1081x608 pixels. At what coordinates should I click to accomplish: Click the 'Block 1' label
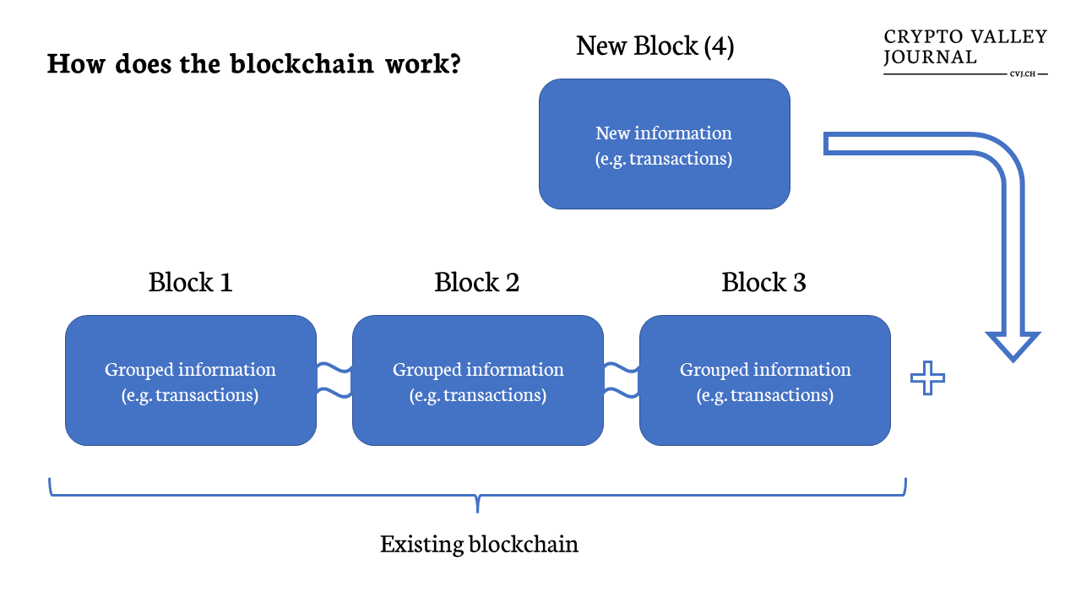coord(190,282)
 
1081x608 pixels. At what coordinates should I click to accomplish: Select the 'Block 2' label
coord(477,282)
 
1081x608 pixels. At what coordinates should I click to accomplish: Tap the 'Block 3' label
coord(764,282)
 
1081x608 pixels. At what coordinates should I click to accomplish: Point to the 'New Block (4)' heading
coord(655,46)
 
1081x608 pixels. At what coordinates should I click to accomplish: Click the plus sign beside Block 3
coord(927,377)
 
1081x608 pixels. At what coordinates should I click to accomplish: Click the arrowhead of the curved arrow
coord(1013,346)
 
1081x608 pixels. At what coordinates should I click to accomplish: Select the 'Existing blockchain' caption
coord(479,545)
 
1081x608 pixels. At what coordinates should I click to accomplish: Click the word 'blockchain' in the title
coord(302,63)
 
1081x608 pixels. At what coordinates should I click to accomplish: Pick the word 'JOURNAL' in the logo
coord(930,57)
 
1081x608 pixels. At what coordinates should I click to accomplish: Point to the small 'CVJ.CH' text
coord(1023,73)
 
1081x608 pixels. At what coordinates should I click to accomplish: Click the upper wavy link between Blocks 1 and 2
coord(334,368)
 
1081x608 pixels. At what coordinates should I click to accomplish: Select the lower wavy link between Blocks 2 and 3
coord(622,393)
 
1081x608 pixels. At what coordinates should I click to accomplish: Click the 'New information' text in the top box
coord(664,133)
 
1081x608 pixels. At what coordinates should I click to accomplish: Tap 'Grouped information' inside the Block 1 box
coord(190,370)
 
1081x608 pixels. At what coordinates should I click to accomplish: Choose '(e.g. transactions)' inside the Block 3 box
coord(765,395)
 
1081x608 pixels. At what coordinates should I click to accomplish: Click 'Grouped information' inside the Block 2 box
coord(478,370)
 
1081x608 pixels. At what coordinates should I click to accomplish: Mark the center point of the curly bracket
coord(477,495)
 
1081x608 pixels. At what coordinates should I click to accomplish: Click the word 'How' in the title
coord(76,63)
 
